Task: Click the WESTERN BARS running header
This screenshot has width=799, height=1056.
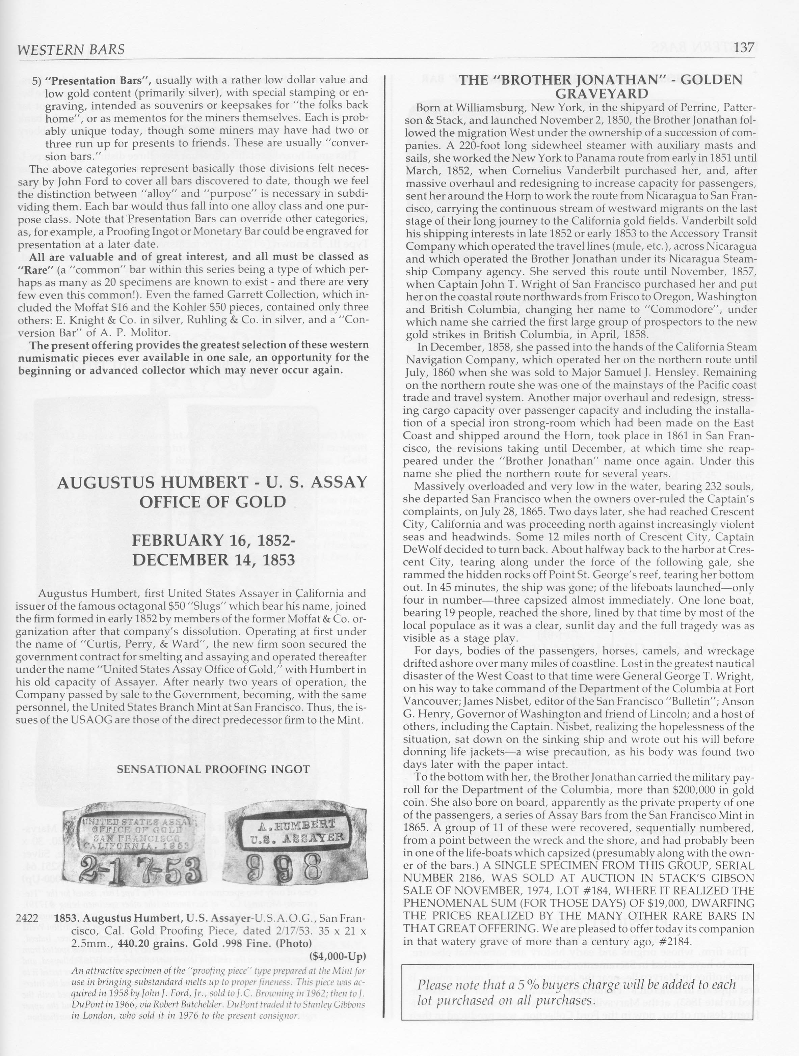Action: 71,50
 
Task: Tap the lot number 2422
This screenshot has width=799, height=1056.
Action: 27,918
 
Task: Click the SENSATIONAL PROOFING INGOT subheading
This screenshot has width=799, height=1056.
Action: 213,770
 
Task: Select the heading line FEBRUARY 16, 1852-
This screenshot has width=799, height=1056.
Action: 213,540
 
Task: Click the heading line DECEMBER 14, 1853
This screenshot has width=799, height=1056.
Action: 213,559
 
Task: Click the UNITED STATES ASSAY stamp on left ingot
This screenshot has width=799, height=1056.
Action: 137,822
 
